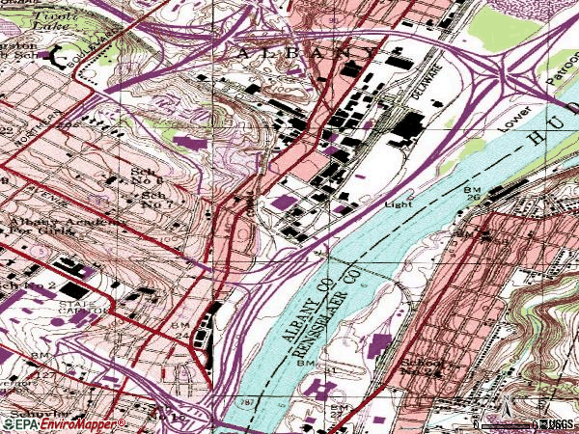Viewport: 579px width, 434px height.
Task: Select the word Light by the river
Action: coord(399,204)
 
